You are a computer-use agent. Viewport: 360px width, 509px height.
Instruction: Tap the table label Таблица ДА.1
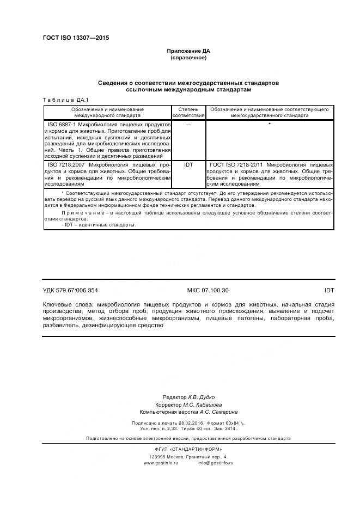62,100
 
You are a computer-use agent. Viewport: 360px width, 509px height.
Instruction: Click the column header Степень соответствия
188,112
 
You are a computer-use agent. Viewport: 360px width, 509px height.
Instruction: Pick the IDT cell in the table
188,164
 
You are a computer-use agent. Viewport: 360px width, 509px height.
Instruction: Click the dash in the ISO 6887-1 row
188,125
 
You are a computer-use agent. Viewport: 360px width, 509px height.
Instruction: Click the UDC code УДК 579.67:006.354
70,291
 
